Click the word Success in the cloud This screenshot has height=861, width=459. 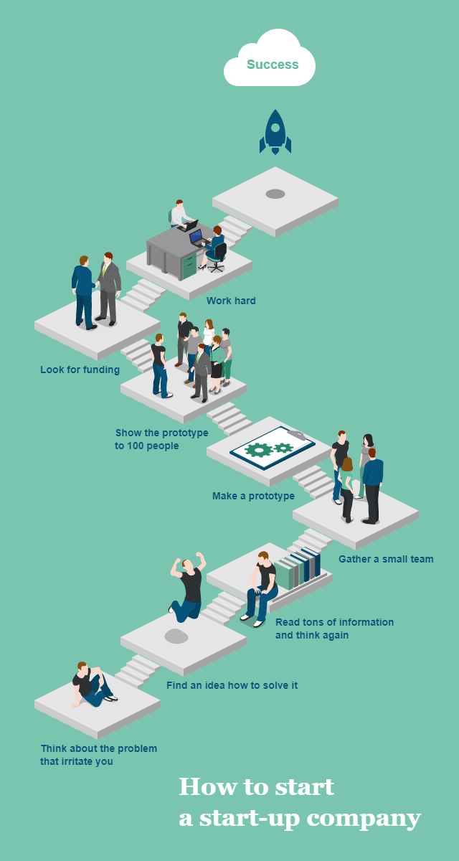coord(273,65)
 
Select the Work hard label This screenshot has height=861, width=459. coord(231,301)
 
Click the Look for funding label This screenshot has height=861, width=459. coord(80,370)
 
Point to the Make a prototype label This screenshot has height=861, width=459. coord(253,496)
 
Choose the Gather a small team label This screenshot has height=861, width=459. coord(386,559)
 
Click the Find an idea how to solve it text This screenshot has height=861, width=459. coord(232,685)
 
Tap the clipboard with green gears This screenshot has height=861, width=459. coord(273,449)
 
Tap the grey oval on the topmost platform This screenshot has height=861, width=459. coord(275,194)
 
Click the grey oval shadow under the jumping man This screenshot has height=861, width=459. coord(176,636)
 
